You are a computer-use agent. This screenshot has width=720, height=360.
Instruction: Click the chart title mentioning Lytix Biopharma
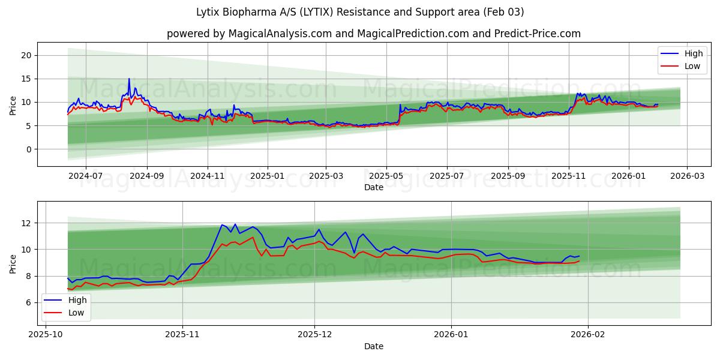coord(360,12)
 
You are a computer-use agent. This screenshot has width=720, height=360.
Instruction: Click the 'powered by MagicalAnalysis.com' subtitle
coord(373,34)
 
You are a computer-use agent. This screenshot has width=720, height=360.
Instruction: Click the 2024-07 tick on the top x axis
coord(85,176)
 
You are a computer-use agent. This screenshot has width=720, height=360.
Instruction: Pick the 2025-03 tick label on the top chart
coord(326,176)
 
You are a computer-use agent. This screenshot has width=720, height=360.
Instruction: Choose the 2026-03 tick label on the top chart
coord(687,176)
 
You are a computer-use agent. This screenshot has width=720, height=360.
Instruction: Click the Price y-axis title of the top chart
coord(13,104)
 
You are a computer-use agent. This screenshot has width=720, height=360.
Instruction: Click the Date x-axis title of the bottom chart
coord(373,346)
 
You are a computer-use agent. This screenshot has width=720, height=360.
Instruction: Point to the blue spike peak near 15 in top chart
coord(128,79)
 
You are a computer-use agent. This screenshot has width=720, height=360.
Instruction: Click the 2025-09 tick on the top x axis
coord(508,176)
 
